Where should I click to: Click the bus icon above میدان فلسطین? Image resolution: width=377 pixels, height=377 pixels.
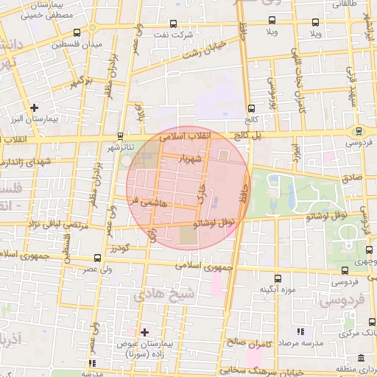coord(78,33)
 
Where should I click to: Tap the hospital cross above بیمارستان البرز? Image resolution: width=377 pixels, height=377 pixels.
coord(34,108)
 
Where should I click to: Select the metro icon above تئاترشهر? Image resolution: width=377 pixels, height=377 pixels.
coord(120,136)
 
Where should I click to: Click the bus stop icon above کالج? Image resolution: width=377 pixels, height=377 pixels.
coord(251,108)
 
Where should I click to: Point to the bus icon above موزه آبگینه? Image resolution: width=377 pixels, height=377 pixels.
coord(278,278)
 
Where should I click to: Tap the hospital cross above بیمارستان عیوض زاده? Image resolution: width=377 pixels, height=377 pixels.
coord(144,332)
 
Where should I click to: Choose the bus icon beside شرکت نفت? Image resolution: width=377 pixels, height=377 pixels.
coord(174,24)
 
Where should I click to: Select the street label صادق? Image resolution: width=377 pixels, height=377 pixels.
coord(351,177)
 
